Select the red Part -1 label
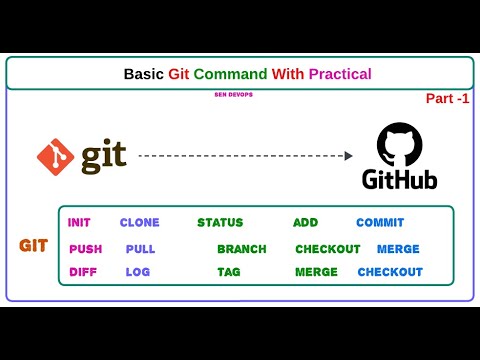[447, 99]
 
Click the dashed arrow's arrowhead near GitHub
[347, 155]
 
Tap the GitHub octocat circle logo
[400, 146]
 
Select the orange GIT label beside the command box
[34, 245]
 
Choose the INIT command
[79, 223]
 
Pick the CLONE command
[139, 223]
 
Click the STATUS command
[220, 223]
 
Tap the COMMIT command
[380, 223]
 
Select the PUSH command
[85, 249]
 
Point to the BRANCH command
[242, 249]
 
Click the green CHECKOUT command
[327, 249]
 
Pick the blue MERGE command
[398, 249]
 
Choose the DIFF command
[83, 272]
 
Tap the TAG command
[229, 272]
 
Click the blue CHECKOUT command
[390, 272]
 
